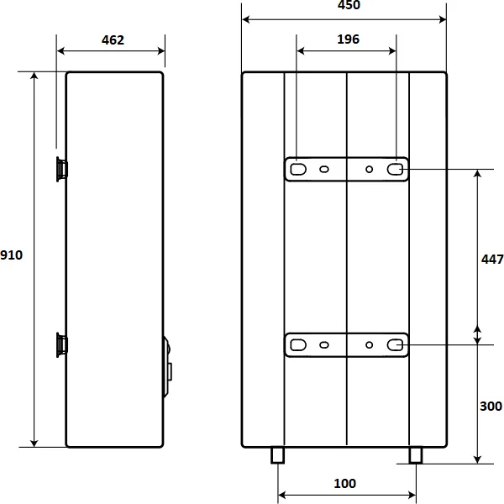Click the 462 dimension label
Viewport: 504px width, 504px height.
(x=113, y=40)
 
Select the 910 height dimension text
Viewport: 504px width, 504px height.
(x=11, y=255)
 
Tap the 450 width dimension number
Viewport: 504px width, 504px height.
(x=349, y=5)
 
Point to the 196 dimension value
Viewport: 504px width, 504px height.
(x=348, y=39)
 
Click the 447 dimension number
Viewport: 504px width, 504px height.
(x=492, y=259)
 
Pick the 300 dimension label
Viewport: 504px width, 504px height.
(x=491, y=407)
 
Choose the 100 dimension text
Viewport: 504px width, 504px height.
(x=345, y=484)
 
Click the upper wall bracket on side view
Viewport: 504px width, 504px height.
(x=61, y=169)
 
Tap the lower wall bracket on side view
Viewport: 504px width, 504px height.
(x=61, y=344)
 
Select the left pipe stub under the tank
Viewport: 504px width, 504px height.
(x=277, y=455)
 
